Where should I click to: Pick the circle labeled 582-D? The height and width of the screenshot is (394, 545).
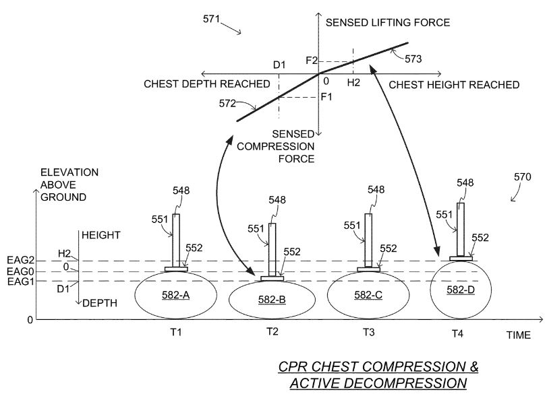pyautogui.click(x=461, y=290)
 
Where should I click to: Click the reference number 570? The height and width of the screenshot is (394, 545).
pyautogui.click(x=523, y=176)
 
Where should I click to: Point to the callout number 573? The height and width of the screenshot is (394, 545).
pyautogui.click(x=413, y=59)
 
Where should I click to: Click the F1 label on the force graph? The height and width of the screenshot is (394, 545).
pyautogui.click(x=326, y=97)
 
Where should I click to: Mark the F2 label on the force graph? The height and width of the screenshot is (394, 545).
pyautogui.click(x=311, y=61)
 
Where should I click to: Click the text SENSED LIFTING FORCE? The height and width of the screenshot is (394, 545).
pyautogui.click(x=387, y=23)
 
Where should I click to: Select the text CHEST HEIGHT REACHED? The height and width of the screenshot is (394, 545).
pyautogui.click(x=454, y=85)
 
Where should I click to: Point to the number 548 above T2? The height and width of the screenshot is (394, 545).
pyautogui.click(x=277, y=201)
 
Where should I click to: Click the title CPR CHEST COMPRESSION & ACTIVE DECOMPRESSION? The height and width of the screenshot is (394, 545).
pyautogui.click(x=378, y=375)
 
